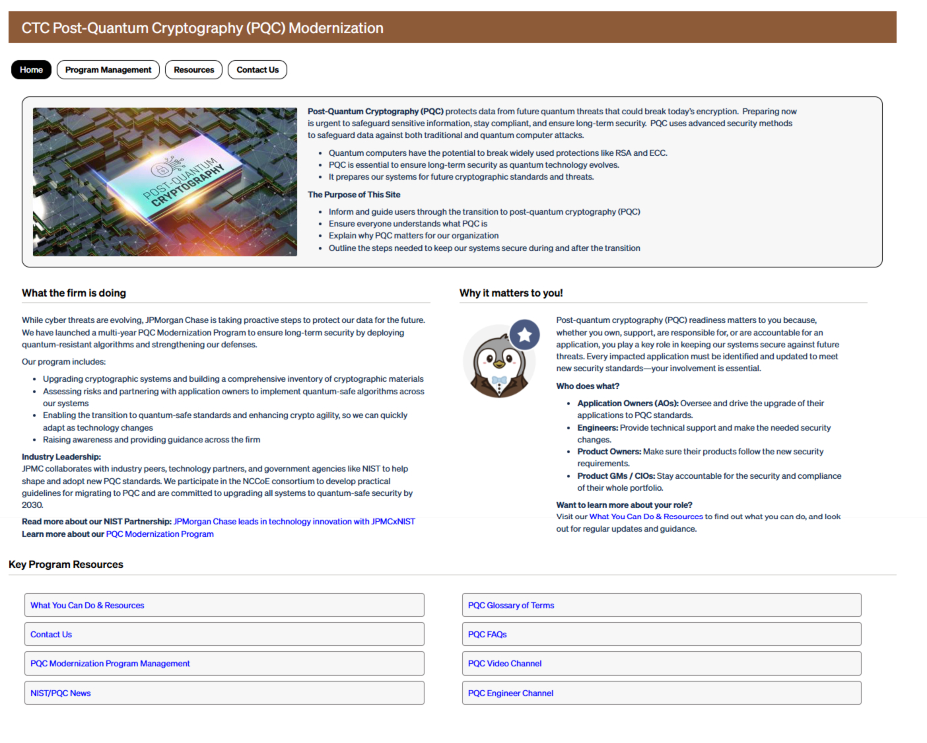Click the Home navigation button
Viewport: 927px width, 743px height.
31,70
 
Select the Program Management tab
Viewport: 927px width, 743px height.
108,70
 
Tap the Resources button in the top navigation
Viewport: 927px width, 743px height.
193,70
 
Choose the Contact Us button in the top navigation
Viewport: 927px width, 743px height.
257,70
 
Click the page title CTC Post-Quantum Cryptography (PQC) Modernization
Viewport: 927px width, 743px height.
202,28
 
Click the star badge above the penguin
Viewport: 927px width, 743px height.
525,335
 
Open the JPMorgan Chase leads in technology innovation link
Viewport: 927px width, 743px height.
294,522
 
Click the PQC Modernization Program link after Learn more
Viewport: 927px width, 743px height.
160,534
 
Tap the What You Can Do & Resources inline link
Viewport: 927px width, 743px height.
646,517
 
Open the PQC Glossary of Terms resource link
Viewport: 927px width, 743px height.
511,606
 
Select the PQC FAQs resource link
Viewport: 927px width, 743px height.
487,635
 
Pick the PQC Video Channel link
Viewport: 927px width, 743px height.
504,664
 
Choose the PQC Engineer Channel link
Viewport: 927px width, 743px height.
510,693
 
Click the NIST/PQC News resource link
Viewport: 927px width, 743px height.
61,693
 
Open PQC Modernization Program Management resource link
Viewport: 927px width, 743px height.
110,664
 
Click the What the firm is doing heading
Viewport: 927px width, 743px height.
74,293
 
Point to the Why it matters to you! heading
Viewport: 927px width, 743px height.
511,293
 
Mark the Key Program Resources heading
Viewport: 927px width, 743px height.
66,565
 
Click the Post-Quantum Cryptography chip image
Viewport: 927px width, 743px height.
165,182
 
